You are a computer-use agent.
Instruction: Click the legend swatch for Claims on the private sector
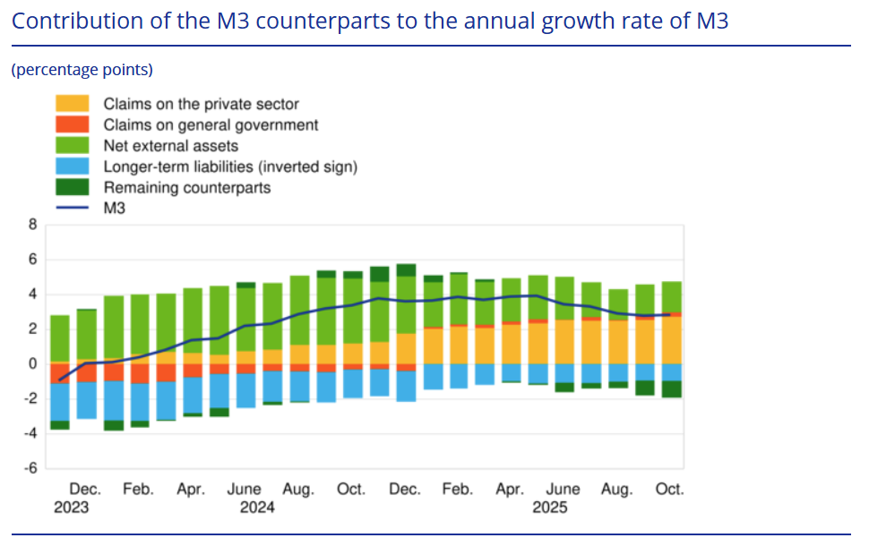(73, 105)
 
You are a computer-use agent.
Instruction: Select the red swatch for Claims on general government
(73, 125)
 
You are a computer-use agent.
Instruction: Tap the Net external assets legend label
(170, 146)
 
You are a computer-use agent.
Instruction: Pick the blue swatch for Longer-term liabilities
(73, 166)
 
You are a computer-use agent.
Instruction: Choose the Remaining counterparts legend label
(186, 187)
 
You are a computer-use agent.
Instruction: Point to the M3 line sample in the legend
(73, 208)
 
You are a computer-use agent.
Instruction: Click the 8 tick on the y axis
(33, 226)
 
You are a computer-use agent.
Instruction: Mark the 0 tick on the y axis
(33, 364)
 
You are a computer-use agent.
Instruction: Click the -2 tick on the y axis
(31, 399)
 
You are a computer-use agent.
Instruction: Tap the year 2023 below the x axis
(72, 508)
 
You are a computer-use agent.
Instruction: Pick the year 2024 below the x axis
(257, 508)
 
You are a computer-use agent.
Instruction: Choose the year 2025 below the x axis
(550, 508)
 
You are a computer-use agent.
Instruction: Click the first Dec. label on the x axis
(85, 490)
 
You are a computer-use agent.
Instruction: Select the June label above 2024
(244, 490)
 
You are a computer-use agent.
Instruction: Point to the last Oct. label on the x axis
(669, 490)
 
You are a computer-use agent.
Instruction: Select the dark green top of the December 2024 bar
(406, 270)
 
